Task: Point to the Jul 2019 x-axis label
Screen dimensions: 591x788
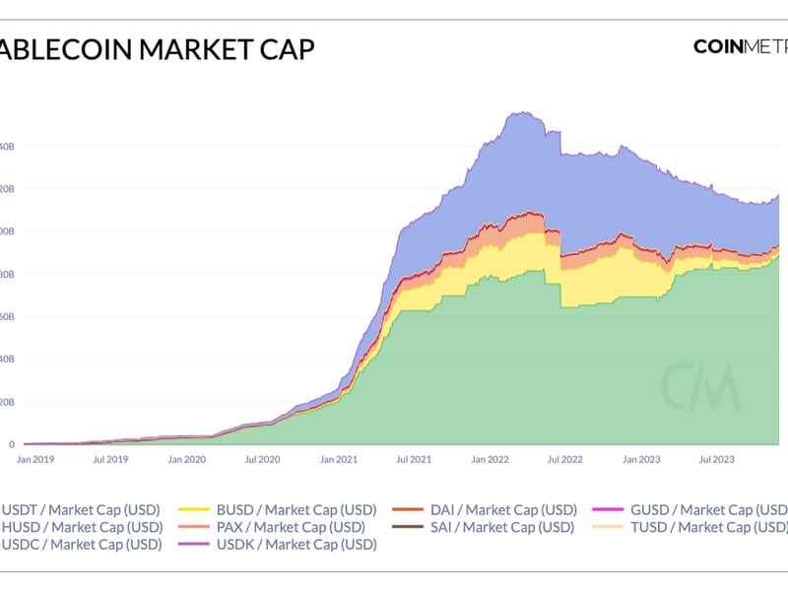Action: [x=110, y=459]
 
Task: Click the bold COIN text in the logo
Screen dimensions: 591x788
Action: [x=725, y=46]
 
